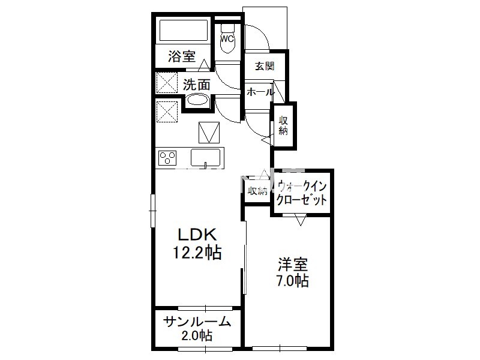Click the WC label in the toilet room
point(227,39)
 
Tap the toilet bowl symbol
point(227,38)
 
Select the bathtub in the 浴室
point(184,31)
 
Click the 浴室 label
point(182,56)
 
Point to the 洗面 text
point(197,85)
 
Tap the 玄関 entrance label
point(265,66)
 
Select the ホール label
point(260,92)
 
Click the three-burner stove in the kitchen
point(167,158)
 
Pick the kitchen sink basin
point(205,157)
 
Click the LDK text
point(198,235)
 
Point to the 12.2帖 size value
point(197,253)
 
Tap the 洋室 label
point(293,265)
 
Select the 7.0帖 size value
point(293,281)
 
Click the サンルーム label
point(197,322)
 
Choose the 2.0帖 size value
point(197,336)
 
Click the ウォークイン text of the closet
point(302,186)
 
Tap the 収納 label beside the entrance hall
point(283,125)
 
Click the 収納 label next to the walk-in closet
point(257,191)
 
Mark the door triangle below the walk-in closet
point(301,220)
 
